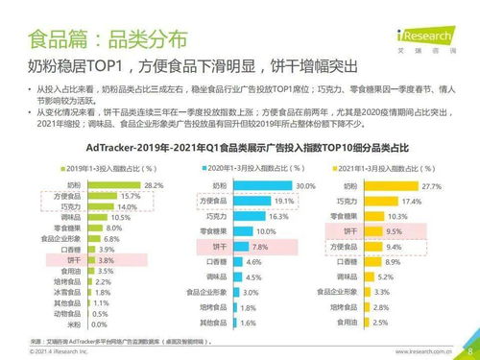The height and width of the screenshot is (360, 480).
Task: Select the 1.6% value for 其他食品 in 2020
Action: tap(222, 323)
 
